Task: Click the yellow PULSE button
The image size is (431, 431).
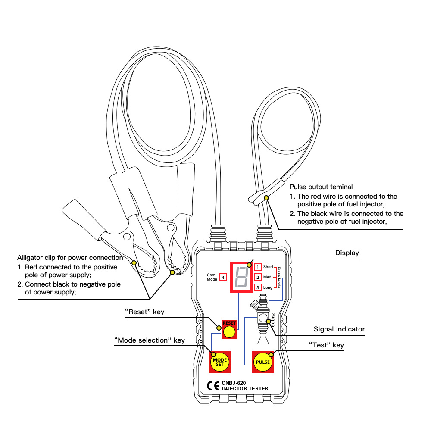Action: (x=263, y=362)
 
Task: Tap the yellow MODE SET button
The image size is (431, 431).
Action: (x=220, y=362)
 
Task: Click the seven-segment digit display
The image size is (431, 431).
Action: (x=241, y=277)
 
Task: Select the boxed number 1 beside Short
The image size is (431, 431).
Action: (x=258, y=267)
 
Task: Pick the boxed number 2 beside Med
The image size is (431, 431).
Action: (x=258, y=277)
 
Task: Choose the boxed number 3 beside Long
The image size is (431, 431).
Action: (x=258, y=287)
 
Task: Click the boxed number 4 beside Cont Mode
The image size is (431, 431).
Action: (x=223, y=277)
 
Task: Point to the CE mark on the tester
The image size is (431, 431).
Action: (x=213, y=386)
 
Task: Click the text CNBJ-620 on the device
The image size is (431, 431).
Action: (x=234, y=383)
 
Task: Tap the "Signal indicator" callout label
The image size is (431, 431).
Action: (x=339, y=329)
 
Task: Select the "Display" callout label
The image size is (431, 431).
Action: (x=347, y=253)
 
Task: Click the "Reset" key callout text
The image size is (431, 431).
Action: (x=144, y=312)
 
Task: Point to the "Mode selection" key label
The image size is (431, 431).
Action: (x=150, y=340)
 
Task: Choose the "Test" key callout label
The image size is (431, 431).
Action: (x=326, y=345)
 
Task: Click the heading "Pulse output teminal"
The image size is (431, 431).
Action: (x=321, y=187)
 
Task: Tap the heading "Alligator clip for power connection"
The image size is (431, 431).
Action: (x=70, y=258)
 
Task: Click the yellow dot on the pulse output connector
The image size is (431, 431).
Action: (x=266, y=198)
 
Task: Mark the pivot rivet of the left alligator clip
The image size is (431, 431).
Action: (x=127, y=236)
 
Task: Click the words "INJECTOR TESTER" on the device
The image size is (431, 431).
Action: (x=245, y=389)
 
